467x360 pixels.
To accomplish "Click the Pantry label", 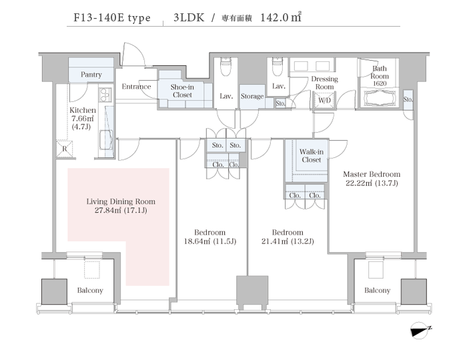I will (x=91, y=75).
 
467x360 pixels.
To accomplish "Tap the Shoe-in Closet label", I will (x=182, y=91).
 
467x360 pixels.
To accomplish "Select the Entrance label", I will (x=136, y=87).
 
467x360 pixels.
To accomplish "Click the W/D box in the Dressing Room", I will (x=325, y=101).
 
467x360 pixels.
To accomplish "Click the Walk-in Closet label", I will (x=310, y=155).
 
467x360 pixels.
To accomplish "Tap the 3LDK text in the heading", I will (x=188, y=19).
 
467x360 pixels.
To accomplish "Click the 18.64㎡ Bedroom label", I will (x=211, y=236).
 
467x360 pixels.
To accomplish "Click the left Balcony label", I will (x=89, y=290).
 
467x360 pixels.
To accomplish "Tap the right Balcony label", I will (x=377, y=290).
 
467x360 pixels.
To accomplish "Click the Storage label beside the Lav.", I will (x=252, y=97).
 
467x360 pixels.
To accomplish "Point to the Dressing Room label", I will (x=324, y=83).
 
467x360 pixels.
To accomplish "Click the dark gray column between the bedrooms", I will (x=252, y=291).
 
